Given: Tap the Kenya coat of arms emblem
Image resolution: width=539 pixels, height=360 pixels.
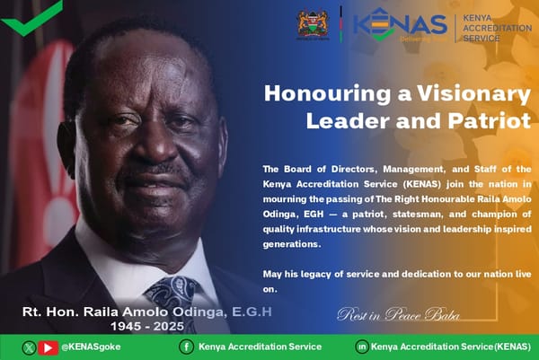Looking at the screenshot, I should coord(313,24).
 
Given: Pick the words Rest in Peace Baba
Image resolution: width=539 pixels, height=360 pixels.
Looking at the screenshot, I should coord(398,314).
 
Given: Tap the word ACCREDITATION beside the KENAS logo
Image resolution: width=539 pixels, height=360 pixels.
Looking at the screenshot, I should coord(498,29).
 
